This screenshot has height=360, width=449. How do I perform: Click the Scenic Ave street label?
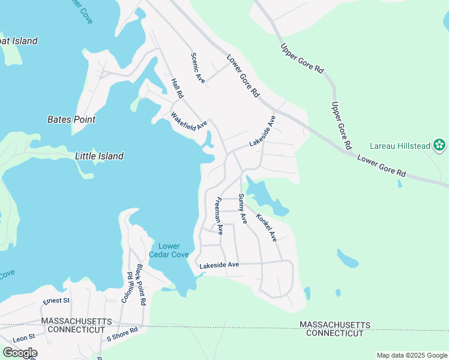pos(198,68)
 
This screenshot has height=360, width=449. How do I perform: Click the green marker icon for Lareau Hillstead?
pos(439,145)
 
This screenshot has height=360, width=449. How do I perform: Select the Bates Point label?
pos(71,119)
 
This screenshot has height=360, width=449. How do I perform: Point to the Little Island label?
pos(99,156)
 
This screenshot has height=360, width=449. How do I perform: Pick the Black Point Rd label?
pos(141,285)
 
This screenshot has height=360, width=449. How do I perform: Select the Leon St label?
pos(24,337)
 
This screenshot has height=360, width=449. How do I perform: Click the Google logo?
pos(19,353)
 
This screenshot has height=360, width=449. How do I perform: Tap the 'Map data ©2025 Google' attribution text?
pos(411,355)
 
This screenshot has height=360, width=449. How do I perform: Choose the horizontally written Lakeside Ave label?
pos(219,265)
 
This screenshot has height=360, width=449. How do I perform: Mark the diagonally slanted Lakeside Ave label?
pos(263,131)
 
